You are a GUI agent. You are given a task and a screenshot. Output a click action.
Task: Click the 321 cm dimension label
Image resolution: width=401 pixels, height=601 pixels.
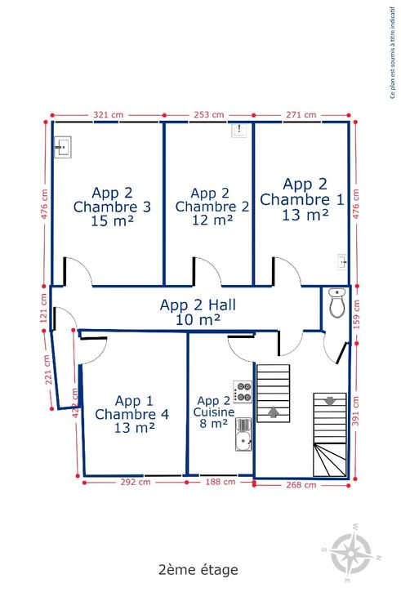(x=108, y=114)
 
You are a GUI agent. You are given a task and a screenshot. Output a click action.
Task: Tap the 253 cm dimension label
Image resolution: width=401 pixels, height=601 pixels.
(x=208, y=114)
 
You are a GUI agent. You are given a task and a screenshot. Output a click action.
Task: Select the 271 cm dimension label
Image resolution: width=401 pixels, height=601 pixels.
(x=301, y=114)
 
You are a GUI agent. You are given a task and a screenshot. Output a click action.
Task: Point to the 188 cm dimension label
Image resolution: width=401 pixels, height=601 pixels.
(x=221, y=482)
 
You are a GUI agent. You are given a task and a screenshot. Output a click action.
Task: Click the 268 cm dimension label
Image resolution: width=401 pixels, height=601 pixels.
(x=301, y=485)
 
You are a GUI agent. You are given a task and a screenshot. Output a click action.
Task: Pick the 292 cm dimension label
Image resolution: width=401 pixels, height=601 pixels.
(x=136, y=482)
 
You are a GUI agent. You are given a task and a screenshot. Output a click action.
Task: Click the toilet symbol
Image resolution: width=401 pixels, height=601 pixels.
(x=337, y=303)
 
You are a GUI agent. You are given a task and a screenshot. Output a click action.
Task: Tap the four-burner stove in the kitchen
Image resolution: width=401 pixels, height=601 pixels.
(x=243, y=392)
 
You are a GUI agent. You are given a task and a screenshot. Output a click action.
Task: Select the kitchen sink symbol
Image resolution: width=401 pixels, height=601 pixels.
(x=243, y=434)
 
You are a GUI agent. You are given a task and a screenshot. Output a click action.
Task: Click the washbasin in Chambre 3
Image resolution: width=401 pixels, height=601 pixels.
(x=63, y=147)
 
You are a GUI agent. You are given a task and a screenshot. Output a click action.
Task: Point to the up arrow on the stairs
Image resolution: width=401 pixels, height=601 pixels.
(x=273, y=412)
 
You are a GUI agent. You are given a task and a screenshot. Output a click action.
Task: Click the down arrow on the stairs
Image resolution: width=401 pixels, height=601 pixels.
(x=329, y=401)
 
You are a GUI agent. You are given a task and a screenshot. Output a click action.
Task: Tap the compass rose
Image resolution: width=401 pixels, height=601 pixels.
(x=351, y=553)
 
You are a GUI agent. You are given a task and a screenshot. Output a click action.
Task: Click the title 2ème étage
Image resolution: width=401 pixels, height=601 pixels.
(x=198, y=570)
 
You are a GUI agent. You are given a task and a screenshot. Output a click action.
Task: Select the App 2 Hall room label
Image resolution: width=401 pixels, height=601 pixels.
(x=198, y=305)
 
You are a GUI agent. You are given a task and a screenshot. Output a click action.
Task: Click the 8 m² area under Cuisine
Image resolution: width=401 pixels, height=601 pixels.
(x=214, y=424)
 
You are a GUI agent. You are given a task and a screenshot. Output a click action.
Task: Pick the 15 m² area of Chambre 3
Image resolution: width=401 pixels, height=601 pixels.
(x=113, y=220)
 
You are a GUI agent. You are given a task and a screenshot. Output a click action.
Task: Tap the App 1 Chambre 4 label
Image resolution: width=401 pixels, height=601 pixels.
(x=132, y=407)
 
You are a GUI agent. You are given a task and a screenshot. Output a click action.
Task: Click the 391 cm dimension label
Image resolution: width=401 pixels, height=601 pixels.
(x=356, y=411)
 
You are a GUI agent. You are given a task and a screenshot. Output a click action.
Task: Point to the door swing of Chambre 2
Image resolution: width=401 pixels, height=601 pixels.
(x=213, y=269)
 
